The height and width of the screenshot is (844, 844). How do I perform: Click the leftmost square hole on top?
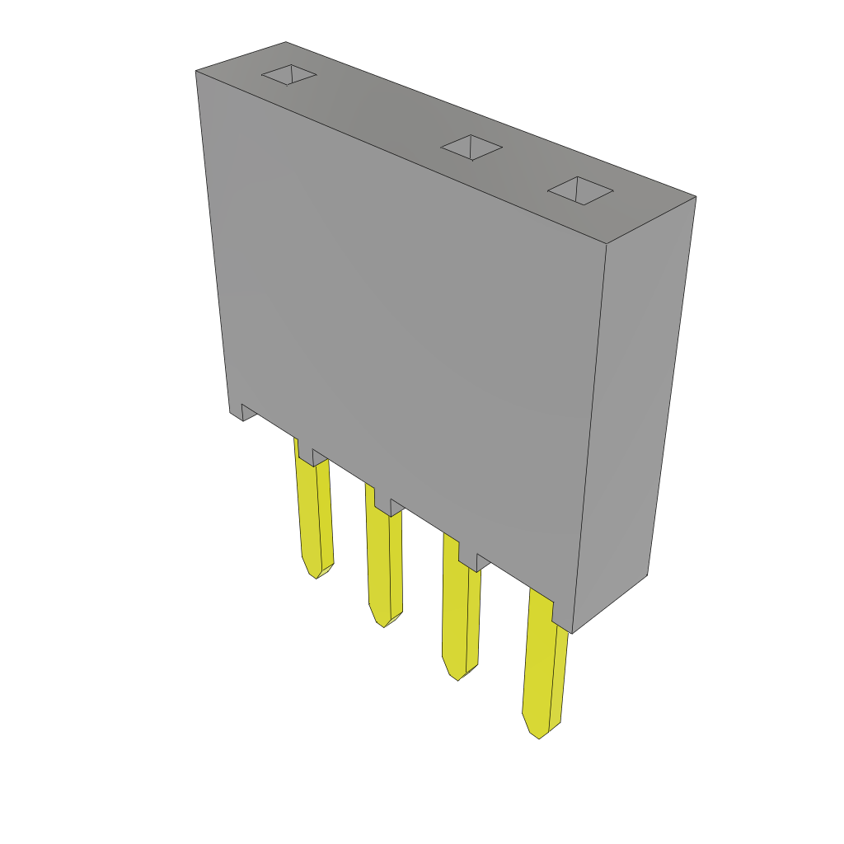tap(289, 75)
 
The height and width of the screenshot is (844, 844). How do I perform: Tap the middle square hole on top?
tap(471, 148)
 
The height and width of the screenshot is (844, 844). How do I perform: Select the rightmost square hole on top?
tap(580, 190)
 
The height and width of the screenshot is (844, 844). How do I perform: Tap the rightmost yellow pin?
tap(542, 668)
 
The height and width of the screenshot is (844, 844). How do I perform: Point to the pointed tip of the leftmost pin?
tap(316, 576)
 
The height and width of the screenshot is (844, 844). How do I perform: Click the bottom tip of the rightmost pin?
tap(539, 736)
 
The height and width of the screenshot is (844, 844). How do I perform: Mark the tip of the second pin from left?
tap(383, 625)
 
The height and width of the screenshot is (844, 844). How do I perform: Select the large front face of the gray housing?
tap(404, 330)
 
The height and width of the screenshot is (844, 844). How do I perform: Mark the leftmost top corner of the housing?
tap(196, 72)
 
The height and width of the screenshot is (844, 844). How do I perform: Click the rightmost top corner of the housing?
tap(696, 197)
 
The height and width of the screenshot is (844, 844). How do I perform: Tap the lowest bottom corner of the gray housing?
tap(571, 632)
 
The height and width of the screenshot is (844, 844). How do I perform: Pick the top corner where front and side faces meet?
tap(607, 244)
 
